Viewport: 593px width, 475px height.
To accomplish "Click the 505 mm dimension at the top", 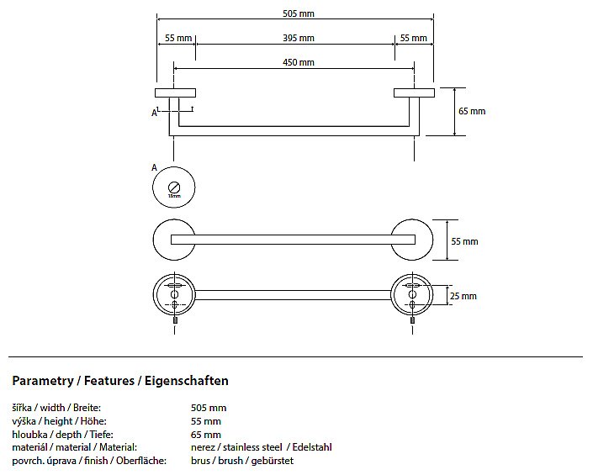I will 294,13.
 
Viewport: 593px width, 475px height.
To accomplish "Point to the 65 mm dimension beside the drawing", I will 472,111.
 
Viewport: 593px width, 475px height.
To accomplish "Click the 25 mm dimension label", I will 463,296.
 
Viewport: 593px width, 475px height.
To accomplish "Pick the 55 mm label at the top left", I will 178,38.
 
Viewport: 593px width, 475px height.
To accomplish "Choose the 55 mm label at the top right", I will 413,38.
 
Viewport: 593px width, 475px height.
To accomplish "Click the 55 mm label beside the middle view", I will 464,241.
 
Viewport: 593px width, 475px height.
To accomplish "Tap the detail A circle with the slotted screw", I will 174,187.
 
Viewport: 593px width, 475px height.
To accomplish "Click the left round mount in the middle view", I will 174,240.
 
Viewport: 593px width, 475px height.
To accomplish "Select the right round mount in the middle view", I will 413,240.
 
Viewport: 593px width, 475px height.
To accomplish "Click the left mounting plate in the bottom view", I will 174,294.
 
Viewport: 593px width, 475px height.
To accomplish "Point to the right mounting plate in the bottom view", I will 413,294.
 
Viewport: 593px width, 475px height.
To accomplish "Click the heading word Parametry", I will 42,381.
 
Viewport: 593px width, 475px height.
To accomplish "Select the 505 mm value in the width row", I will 208,408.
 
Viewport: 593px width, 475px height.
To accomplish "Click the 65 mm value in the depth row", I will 205,435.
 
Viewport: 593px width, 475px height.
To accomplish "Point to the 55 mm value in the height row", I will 205,421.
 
